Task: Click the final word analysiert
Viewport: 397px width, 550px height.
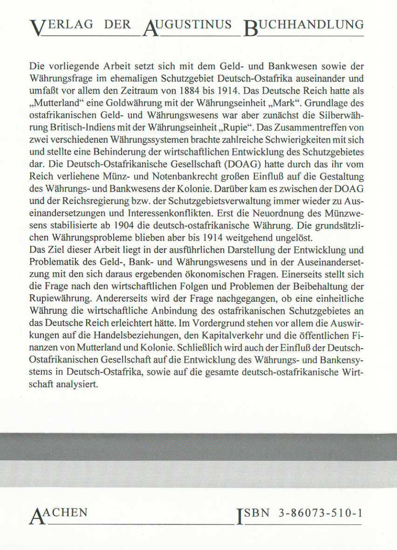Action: click(77, 384)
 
